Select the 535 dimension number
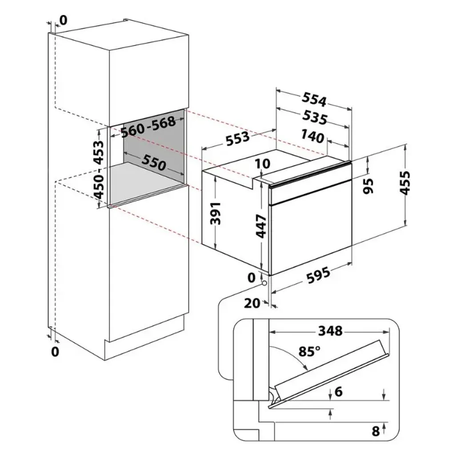pyautogui.click(x=315, y=118)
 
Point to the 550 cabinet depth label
pyautogui.click(x=154, y=162)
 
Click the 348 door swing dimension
pyautogui.click(x=330, y=331)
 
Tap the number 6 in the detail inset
pyautogui.click(x=339, y=392)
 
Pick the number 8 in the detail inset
pyautogui.click(x=376, y=431)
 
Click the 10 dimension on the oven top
pyautogui.click(x=263, y=164)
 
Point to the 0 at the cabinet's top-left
pyautogui.click(x=63, y=20)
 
